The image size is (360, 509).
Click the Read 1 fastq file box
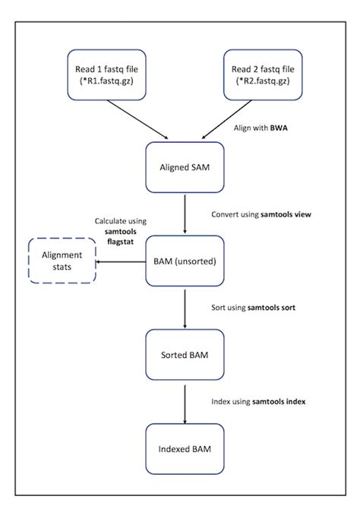tap(106, 74)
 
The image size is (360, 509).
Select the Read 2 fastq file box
tap(263, 74)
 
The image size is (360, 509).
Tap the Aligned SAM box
tap(185, 167)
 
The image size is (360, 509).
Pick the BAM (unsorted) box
tap(185, 261)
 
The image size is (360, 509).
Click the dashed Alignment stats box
tap(62, 261)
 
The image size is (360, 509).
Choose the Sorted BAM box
tap(185, 355)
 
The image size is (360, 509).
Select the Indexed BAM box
tap(185, 449)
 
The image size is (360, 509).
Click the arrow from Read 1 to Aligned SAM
tap(137, 119)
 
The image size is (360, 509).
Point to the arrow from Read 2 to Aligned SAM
tap(226, 119)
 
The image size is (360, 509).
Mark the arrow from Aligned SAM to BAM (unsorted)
tap(185, 214)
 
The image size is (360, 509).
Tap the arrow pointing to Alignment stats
tap(121, 261)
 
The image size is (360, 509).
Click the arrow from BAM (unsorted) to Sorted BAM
tap(185, 308)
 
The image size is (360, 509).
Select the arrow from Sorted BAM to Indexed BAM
tap(185, 404)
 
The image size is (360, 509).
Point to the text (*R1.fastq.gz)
tap(106, 81)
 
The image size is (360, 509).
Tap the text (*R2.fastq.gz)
tap(263, 81)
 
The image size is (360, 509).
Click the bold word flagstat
tap(121, 242)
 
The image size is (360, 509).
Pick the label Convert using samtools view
tap(261, 214)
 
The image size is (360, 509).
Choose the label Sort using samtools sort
tap(253, 308)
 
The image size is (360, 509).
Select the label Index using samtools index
tap(258, 402)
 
